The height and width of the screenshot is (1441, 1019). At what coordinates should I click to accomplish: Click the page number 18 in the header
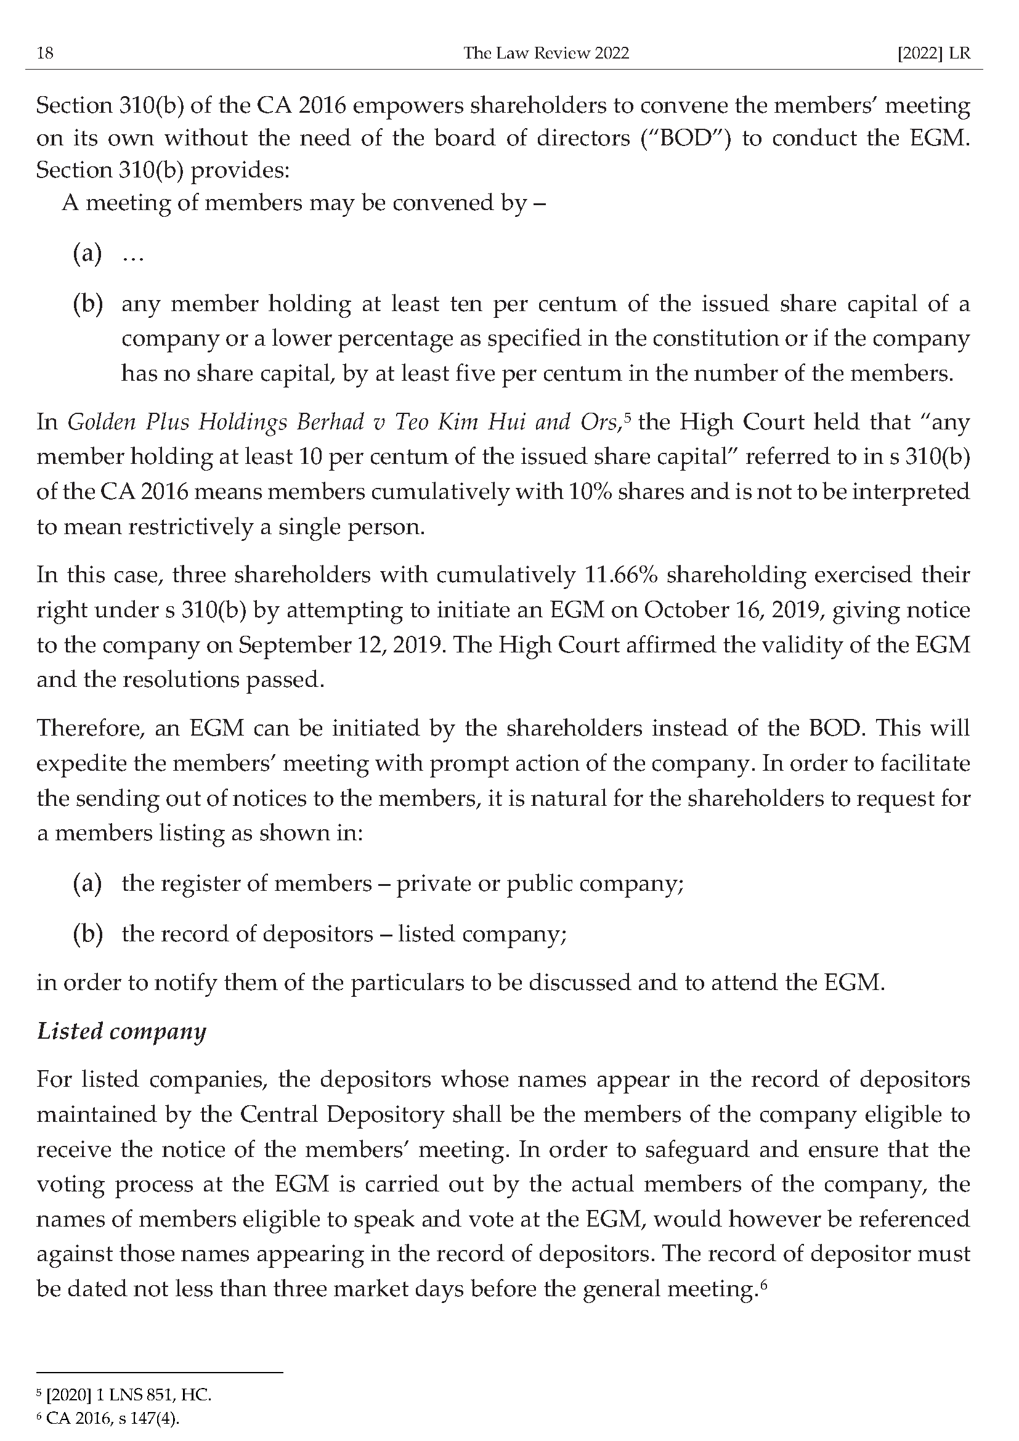(45, 54)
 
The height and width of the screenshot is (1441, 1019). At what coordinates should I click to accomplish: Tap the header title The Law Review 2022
(546, 54)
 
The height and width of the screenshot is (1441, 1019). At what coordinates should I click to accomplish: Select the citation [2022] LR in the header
(933, 54)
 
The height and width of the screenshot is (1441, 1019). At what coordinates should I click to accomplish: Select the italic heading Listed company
(121, 1031)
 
